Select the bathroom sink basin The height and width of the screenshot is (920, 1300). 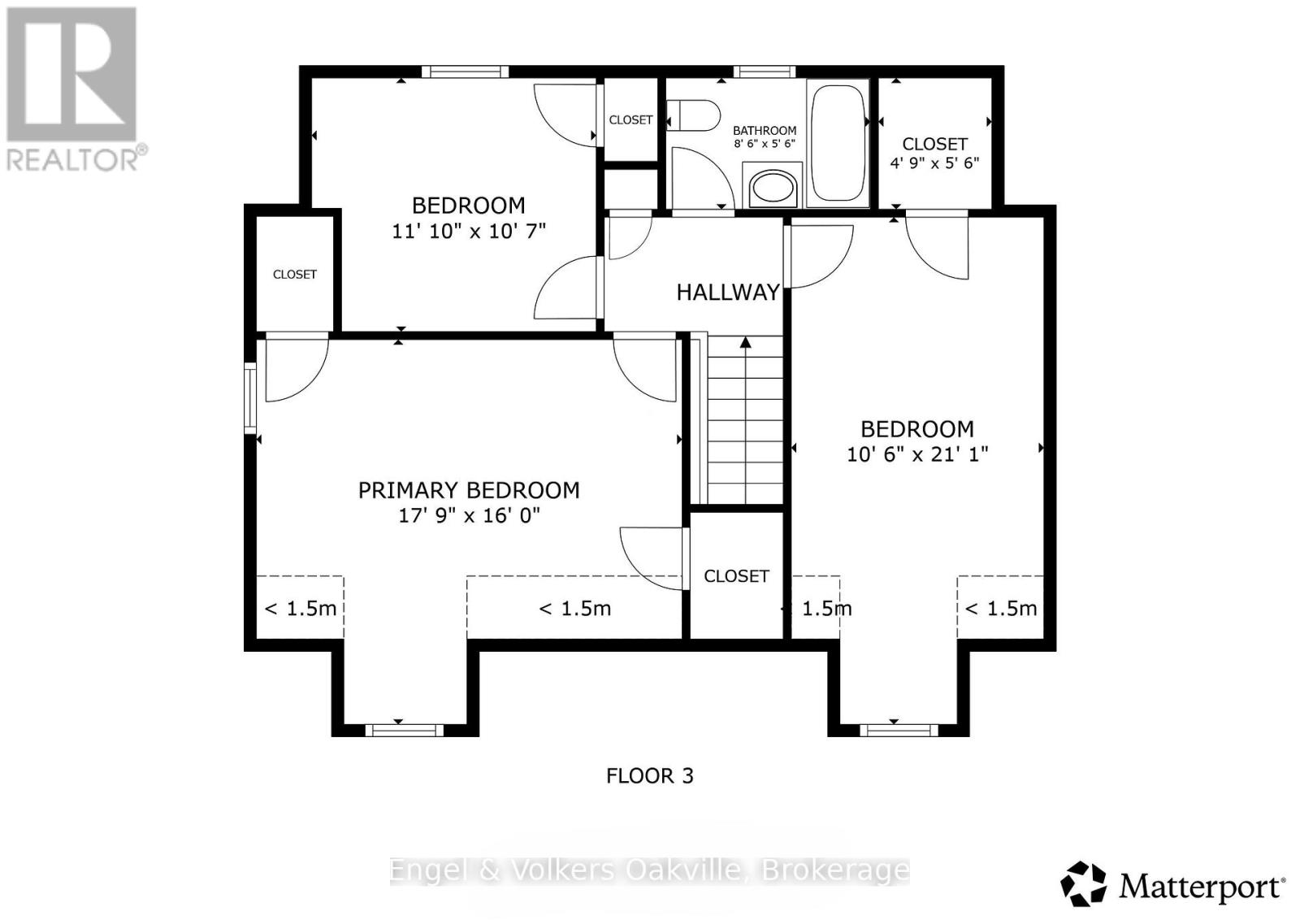tap(773, 187)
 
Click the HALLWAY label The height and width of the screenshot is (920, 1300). tap(728, 293)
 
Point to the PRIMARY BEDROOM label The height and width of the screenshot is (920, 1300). tap(469, 490)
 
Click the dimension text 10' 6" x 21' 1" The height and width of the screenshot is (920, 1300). tap(917, 453)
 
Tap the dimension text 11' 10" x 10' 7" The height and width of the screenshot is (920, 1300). tap(469, 231)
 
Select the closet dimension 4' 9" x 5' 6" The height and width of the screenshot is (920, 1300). tap(934, 163)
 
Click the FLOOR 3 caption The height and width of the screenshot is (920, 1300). tap(650, 776)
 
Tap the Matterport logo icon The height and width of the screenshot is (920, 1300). tap(1084, 883)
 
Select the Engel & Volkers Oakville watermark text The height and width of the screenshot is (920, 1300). tap(649, 870)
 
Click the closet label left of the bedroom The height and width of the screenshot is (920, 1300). tap(295, 275)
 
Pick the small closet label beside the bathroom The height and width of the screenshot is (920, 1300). tap(630, 119)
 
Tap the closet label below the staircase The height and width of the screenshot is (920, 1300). tap(736, 576)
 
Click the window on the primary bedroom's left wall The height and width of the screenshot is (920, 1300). tap(250, 397)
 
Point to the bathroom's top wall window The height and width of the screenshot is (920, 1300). tap(765, 72)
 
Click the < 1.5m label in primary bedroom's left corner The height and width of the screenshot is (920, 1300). tap(301, 609)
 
